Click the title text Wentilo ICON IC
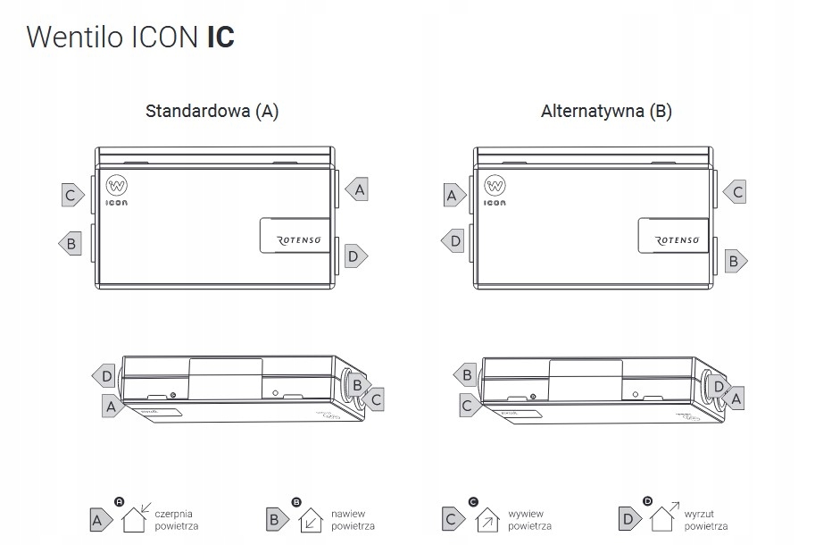[x=131, y=38]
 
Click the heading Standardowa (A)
[x=212, y=112]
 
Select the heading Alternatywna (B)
[x=606, y=112]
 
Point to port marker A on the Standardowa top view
[x=358, y=189]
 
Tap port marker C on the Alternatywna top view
[x=736, y=191]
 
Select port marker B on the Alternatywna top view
[x=734, y=261]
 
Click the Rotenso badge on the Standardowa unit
[x=295, y=235]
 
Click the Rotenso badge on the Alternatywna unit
[x=674, y=235]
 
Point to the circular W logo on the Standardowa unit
[x=116, y=186]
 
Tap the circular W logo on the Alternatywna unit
[x=495, y=186]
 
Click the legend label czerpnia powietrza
[x=176, y=520]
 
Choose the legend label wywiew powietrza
[x=528, y=520]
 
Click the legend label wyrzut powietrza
[x=706, y=520]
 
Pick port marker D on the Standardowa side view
[x=104, y=377]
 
